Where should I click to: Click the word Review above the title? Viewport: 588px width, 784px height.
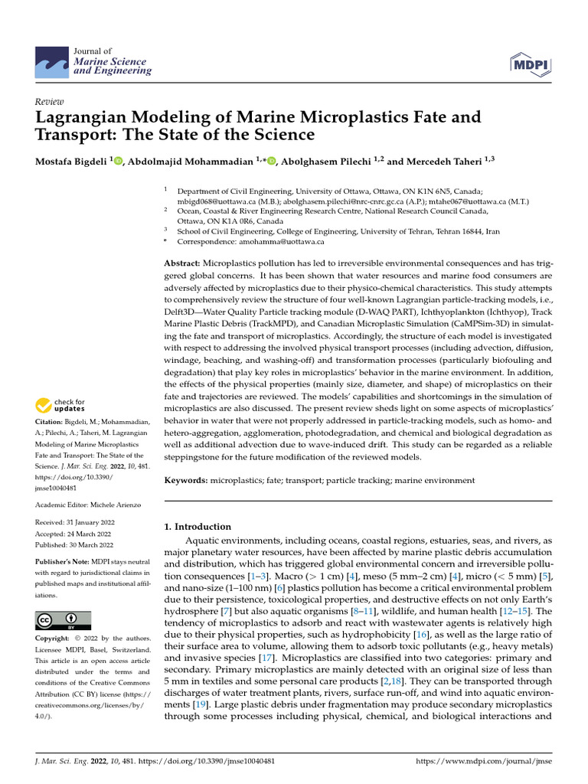click(x=50, y=101)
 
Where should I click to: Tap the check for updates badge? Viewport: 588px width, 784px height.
click(x=60, y=405)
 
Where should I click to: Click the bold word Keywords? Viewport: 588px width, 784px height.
click(x=188, y=480)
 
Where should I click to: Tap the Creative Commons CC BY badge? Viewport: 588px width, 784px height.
click(x=63, y=619)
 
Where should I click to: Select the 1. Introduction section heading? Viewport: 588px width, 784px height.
click(x=198, y=527)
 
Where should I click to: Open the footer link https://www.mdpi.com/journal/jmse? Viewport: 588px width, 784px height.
click(x=483, y=767)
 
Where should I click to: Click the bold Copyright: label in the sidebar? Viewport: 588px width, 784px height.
click(x=54, y=638)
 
